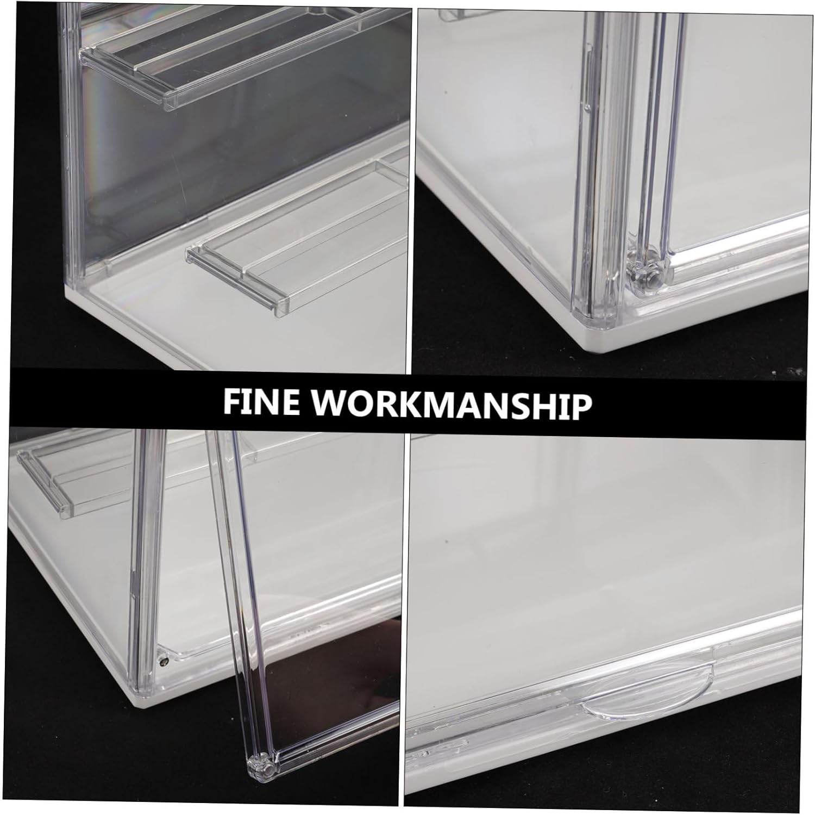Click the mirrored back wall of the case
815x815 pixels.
tap(239, 152)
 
